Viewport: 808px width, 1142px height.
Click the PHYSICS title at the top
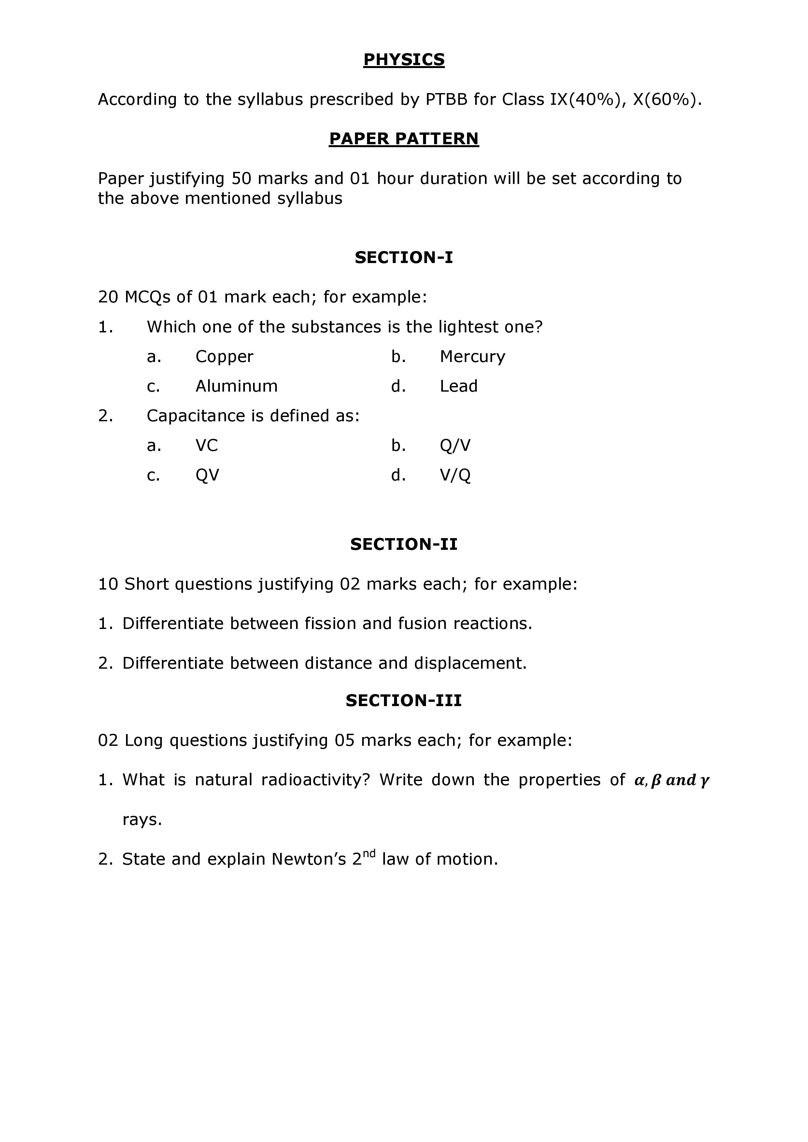pos(404,60)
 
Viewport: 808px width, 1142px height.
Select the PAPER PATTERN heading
pos(404,139)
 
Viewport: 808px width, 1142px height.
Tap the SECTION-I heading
pos(404,258)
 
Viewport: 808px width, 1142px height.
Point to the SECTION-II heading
pos(404,544)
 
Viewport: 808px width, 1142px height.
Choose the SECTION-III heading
pos(404,701)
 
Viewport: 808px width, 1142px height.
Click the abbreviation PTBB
pos(446,100)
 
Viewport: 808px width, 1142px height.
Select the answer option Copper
pos(224,356)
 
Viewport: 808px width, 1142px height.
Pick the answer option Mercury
pos(472,356)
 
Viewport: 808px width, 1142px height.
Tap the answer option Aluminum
pos(236,386)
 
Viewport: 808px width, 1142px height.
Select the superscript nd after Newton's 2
pos(369,854)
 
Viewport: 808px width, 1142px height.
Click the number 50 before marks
pos(241,179)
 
